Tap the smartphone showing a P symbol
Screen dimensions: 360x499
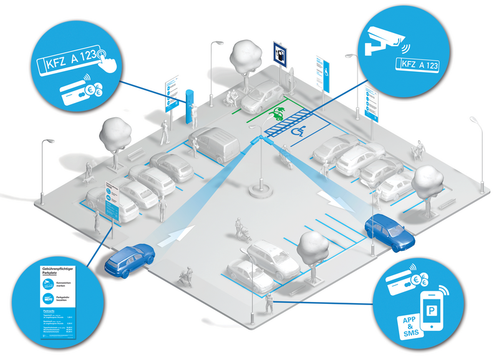(x=436, y=311)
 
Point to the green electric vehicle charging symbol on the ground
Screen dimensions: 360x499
(x=277, y=114)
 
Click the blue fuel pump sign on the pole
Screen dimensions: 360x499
(x=281, y=54)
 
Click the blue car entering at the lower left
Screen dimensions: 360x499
(x=130, y=259)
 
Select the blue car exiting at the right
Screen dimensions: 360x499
(x=390, y=232)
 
